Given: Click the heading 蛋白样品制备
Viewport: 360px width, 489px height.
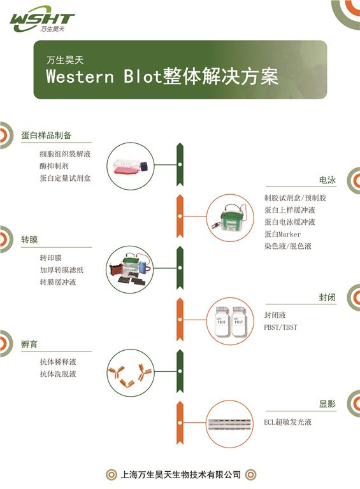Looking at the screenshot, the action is (x=47, y=135).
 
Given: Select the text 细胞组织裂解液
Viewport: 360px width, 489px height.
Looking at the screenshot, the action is (x=65, y=153).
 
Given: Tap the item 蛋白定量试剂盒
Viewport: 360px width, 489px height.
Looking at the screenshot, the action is (x=65, y=178).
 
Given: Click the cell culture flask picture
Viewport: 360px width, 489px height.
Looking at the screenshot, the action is (x=131, y=167).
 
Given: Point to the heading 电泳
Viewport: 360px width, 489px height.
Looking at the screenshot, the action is (x=328, y=180).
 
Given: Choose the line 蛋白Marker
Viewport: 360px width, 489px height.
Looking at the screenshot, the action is (x=282, y=234).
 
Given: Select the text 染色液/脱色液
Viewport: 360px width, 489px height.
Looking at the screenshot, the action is (x=287, y=246).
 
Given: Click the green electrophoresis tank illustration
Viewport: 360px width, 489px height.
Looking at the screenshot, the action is (x=230, y=217).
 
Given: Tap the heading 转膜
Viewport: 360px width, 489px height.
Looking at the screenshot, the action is (x=29, y=239).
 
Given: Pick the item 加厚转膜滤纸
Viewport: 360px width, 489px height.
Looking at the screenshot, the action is (x=61, y=270).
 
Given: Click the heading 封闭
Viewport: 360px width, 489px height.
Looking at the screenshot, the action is (x=328, y=297).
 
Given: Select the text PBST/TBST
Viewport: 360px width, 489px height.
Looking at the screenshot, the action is (x=280, y=327).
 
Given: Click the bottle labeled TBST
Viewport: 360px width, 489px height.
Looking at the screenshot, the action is (x=222, y=322).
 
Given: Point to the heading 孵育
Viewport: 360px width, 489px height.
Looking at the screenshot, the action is (x=29, y=344).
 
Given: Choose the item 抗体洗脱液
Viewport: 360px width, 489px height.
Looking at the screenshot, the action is (x=58, y=374).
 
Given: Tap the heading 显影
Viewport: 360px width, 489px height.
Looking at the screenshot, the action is (x=328, y=404).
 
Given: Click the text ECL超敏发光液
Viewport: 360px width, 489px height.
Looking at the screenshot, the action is (x=287, y=422).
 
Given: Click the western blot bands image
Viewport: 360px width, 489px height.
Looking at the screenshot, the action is (x=229, y=425).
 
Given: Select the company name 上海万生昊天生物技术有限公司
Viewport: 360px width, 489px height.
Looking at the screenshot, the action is (x=180, y=474).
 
